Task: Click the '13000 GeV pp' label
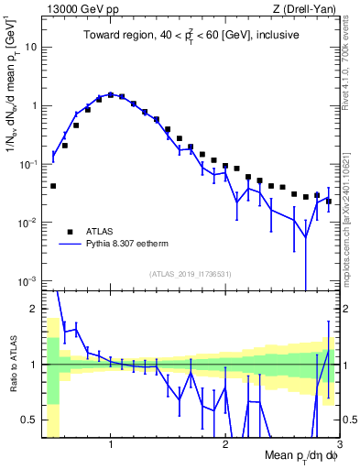pyautogui.click(x=79, y=8)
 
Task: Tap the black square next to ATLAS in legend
pyautogui.click(x=70, y=232)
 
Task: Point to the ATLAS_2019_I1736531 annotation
pyautogui.click(x=191, y=274)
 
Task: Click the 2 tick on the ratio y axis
pyautogui.click(x=34, y=309)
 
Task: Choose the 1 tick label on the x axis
pyautogui.click(x=111, y=444)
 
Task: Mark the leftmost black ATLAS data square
pyautogui.click(x=53, y=186)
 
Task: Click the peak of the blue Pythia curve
pyautogui.click(x=111, y=94)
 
